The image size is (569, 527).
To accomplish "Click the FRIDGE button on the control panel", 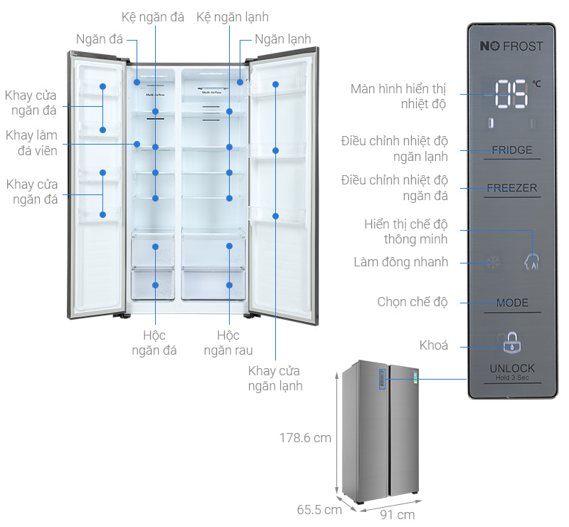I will (512, 150).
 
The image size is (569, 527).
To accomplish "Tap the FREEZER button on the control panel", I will (512, 189).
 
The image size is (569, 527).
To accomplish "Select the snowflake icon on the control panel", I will (492, 263).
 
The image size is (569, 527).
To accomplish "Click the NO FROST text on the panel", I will (511, 46).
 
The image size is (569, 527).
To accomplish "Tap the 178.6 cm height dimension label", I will (305, 438).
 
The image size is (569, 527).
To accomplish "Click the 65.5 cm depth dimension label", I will (319, 509).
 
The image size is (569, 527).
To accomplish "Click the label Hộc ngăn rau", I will (228, 343).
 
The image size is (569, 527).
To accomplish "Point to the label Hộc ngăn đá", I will (154, 343).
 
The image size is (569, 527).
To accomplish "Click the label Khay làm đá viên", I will (32, 142).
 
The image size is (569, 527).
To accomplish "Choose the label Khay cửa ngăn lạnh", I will (274, 378).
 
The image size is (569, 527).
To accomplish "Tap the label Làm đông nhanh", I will (401, 262).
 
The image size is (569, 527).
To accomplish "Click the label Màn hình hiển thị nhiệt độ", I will (398, 97).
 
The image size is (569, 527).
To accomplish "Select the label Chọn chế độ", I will (413, 302).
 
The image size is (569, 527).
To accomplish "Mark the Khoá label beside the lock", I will (434, 345).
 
